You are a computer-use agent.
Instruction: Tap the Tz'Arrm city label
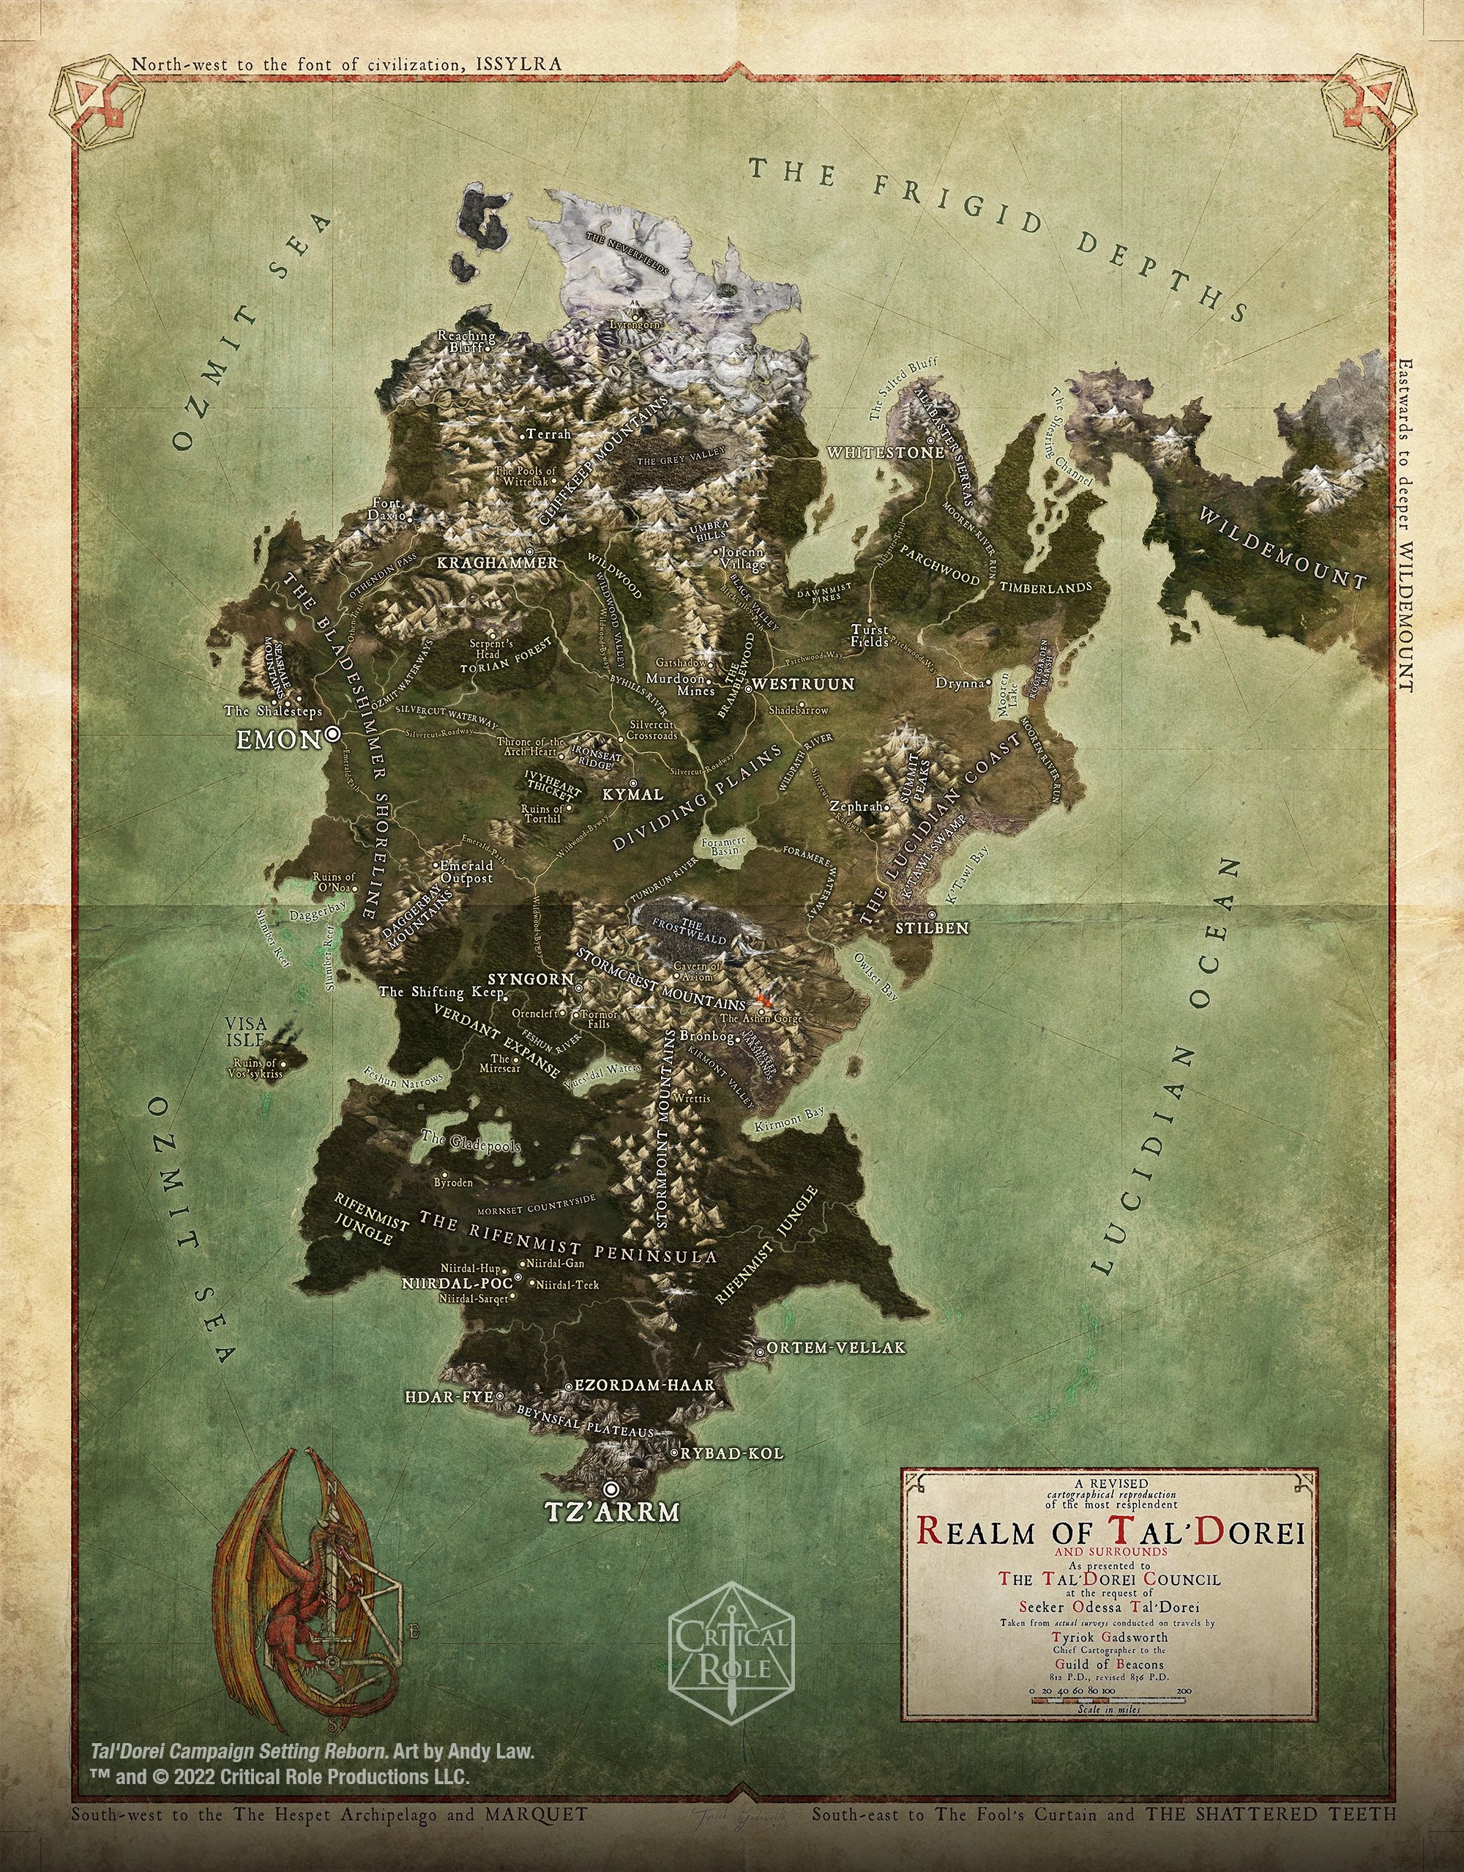pos(611,1512)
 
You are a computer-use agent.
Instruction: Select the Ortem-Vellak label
pos(836,1348)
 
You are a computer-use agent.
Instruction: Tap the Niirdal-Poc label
pos(457,1283)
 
